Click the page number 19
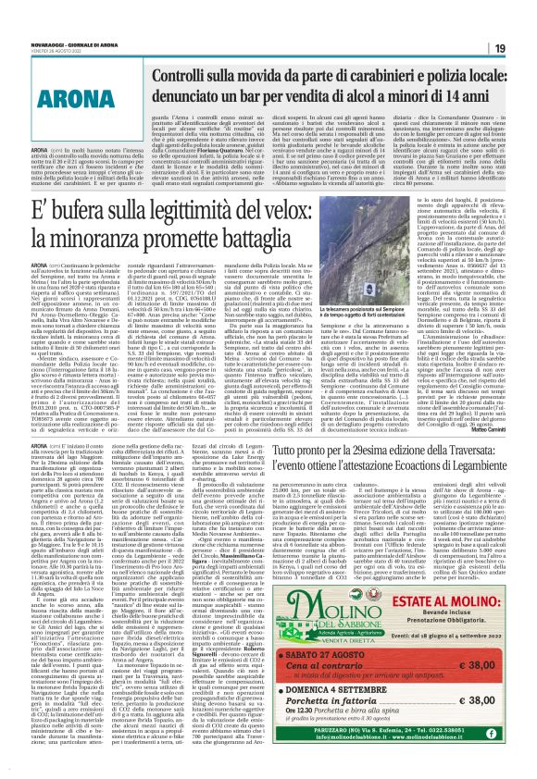point(521,22)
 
